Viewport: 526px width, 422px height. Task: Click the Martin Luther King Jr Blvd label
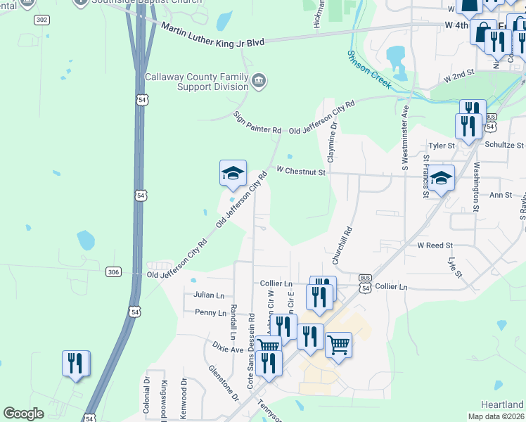click(x=212, y=35)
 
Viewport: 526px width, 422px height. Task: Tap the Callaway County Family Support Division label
click(x=197, y=82)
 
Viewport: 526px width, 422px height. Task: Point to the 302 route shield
click(x=41, y=20)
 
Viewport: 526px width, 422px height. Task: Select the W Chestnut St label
click(x=301, y=171)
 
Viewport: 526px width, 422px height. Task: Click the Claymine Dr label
click(x=333, y=137)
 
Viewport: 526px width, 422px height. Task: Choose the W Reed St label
click(x=435, y=245)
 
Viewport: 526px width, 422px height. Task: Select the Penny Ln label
click(x=211, y=312)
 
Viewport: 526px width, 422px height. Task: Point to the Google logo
click(x=24, y=414)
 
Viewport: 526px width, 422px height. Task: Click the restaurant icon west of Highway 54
click(x=75, y=363)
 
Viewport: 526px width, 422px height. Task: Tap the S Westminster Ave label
click(x=405, y=138)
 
